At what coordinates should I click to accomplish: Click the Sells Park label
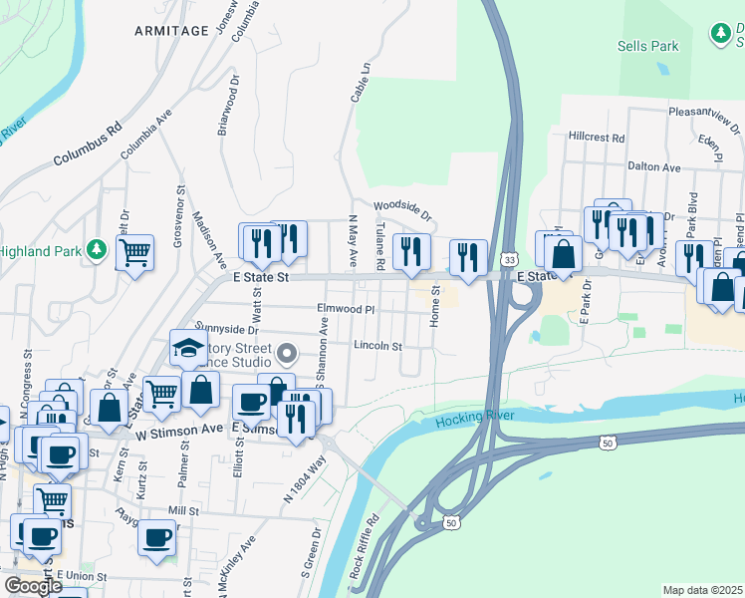pyautogui.click(x=647, y=46)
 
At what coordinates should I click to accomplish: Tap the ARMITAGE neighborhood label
pyautogui.click(x=172, y=31)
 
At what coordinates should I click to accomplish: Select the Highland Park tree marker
pyautogui.click(x=97, y=248)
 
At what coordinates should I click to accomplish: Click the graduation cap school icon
pyautogui.click(x=187, y=347)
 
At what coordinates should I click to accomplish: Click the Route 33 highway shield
pyautogui.click(x=507, y=257)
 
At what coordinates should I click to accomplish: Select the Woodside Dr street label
pyautogui.click(x=402, y=210)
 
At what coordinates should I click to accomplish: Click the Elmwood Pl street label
pyautogui.click(x=346, y=310)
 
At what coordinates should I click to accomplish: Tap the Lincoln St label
pyautogui.click(x=377, y=347)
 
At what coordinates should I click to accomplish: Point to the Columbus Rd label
pyautogui.click(x=87, y=145)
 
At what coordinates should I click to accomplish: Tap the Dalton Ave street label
pyautogui.click(x=653, y=168)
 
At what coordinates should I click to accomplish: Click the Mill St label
pyautogui.click(x=183, y=510)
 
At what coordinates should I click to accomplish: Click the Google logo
pyautogui.click(x=32, y=586)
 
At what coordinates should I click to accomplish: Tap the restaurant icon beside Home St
pyautogui.click(x=468, y=257)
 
